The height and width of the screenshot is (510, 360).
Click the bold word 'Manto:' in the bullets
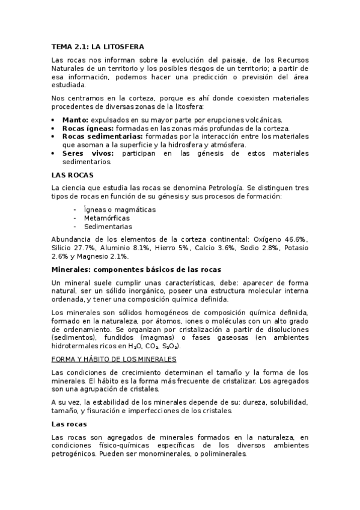point(75,120)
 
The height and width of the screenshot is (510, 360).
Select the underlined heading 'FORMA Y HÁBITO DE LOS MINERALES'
point(114,359)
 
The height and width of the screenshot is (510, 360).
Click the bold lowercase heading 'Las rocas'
point(70,424)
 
